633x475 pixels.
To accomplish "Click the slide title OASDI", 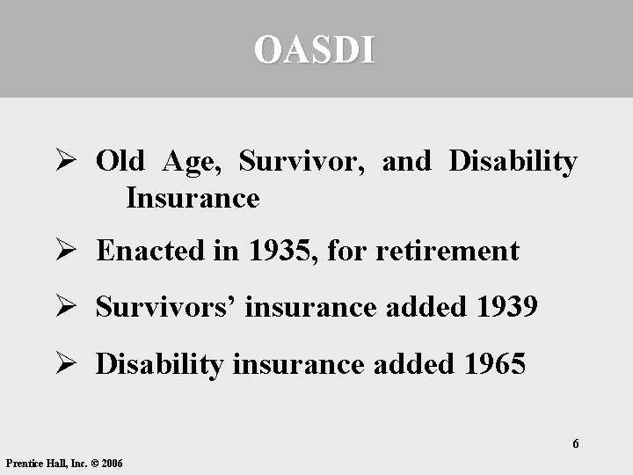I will click(315, 50).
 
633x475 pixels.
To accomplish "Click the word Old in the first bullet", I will click(120, 162).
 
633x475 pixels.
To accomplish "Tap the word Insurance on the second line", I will click(193, 198).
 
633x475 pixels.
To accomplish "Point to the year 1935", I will click(283, 252).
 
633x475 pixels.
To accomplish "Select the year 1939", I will click(506, 307).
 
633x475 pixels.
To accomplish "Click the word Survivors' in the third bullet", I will click(167, 307).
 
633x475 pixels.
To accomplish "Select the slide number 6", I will click(576, 443).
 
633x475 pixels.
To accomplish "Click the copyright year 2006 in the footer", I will click(113, 463).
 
